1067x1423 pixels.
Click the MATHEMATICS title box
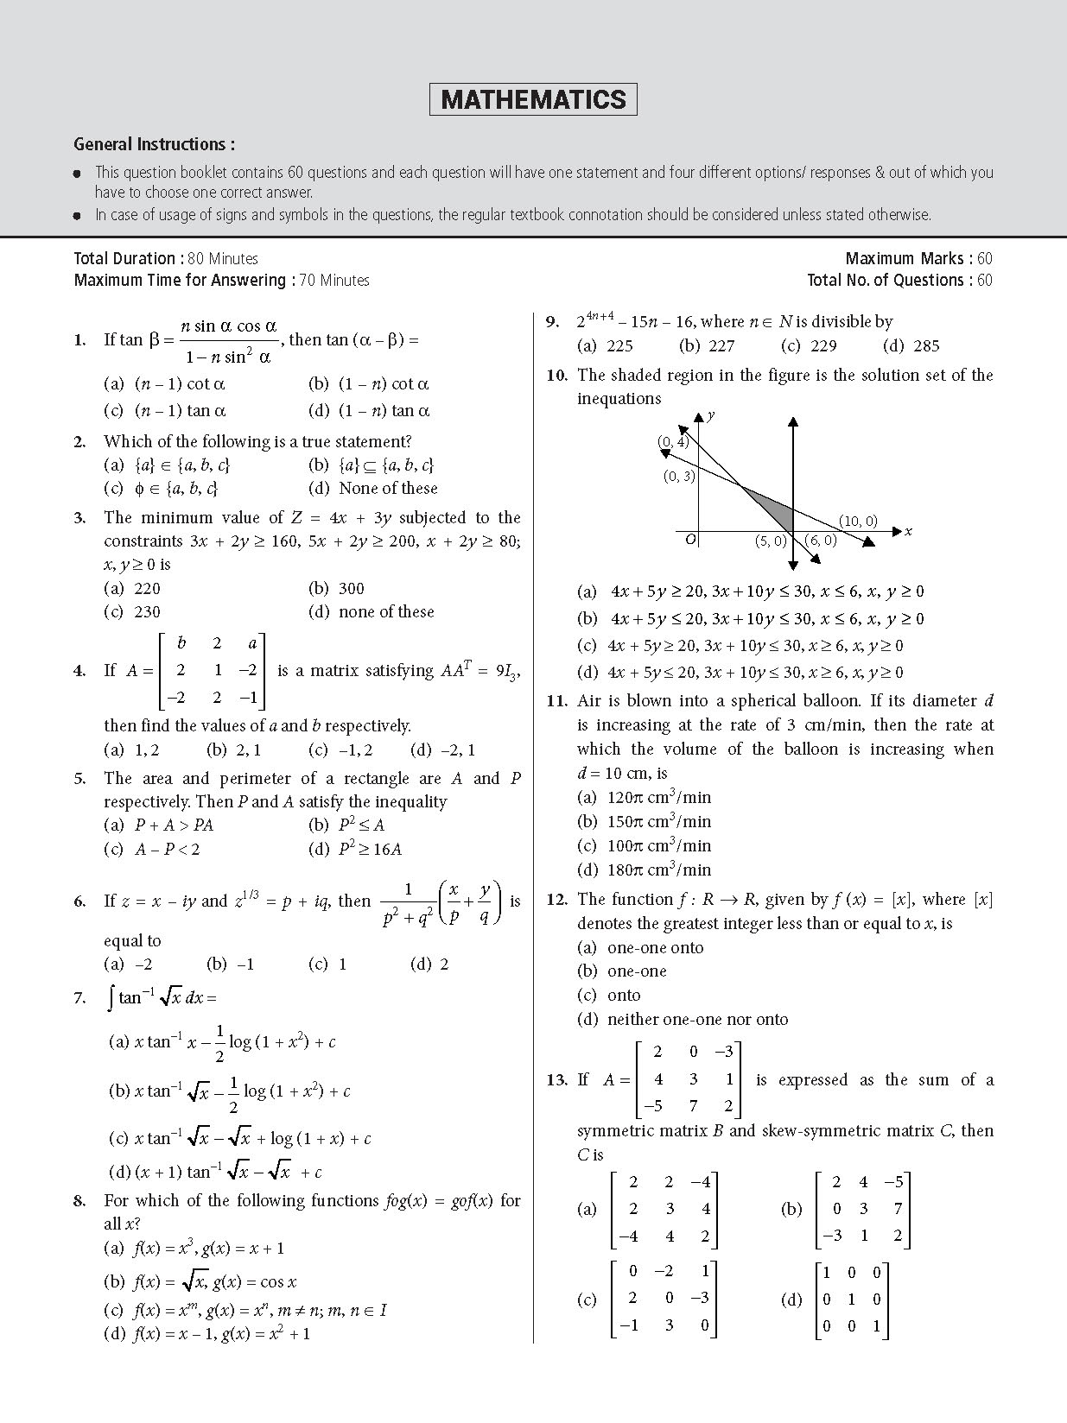tap(533, 99)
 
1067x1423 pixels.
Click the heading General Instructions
tap(154, 144)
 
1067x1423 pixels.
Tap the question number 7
tap(80, 998)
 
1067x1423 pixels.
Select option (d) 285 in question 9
tap(911, 346)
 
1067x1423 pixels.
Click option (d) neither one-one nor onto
tap(683, 1020)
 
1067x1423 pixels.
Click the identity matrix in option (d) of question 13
tap(852, 1300)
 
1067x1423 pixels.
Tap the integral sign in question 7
tap(111, 998)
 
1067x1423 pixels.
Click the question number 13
tap(556, 1080)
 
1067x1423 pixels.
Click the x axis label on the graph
tap(908, 532)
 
